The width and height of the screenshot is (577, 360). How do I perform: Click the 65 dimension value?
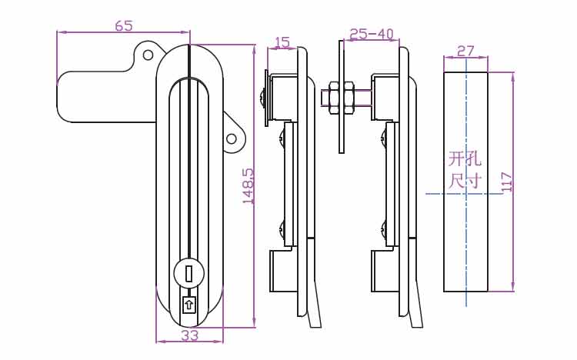click(x=123, y=25)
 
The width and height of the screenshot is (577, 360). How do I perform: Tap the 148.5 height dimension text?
click(x=248, y=186)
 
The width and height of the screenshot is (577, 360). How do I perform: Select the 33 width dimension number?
click(x=190, y=335)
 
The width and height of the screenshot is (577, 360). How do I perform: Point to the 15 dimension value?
click(x=282, y=42)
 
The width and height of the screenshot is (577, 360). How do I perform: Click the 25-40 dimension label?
click(x=372, y=35)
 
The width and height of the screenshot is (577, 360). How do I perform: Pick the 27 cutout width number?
click(x=465, y=51)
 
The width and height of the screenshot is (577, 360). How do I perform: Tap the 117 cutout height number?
click(x=507, y=182)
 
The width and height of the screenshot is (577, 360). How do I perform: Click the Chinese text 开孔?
click(x=465, y=159)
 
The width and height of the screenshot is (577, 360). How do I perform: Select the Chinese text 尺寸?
click(x=465, y=181)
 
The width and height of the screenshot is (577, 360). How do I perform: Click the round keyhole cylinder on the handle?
click(x=188, y=274)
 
